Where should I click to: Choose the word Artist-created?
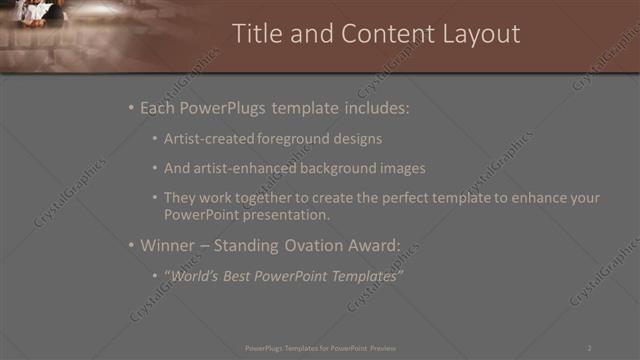click(x=208, y=139)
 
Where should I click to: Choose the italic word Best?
click(x=241, y=276)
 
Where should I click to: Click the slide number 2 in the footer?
click(x=589, y=347)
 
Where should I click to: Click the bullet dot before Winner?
click(x=131, y=245)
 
